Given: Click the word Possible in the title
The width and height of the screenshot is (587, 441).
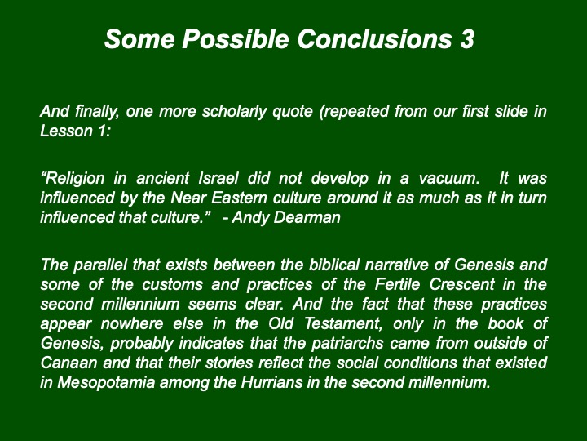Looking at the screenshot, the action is click(235, 40).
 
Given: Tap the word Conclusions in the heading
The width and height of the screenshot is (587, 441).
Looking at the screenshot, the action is click(374, 39).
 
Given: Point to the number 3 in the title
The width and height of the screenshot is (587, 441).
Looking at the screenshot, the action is click(466, 39).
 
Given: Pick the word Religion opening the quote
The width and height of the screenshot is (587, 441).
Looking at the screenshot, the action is click(73, 179).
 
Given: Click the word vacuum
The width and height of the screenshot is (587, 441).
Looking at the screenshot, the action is click(449, 179).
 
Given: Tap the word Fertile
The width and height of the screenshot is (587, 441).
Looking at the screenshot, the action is click(397, 284).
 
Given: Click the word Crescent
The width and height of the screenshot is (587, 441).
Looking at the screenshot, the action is click(461, 284).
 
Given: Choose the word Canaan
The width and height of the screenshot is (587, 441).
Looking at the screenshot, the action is click(68, 363).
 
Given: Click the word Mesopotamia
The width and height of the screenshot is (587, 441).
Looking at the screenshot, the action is click(106, 383).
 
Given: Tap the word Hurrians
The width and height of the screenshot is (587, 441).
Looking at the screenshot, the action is click(271, 382).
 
